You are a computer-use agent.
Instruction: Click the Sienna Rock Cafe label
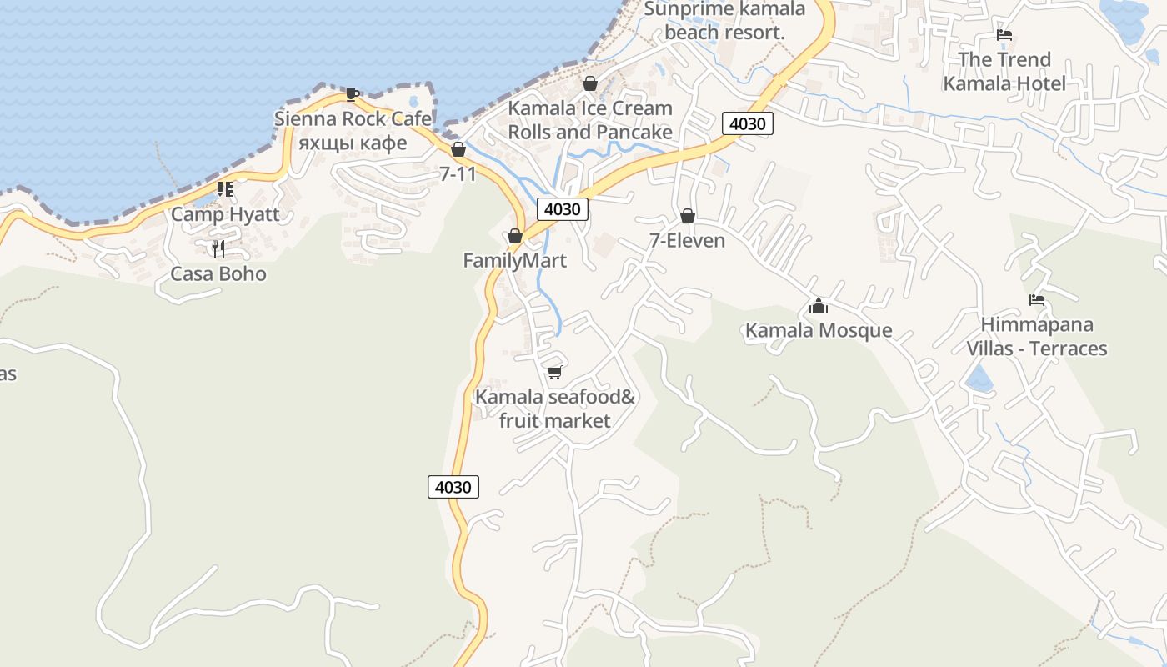(353, 118)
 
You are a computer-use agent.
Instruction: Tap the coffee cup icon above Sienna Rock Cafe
(353, 94)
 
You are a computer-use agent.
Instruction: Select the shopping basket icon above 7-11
(458, 149)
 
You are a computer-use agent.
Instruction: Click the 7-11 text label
(458, 174)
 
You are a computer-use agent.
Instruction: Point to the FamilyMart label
(514, 261)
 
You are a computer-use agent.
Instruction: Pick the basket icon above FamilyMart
(515, 236)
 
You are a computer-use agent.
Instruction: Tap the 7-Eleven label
(687, 241)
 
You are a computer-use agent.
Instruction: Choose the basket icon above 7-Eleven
(688, 216)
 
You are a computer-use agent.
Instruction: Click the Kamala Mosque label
(818, 330)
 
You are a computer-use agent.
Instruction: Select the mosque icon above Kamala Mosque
(819, 306)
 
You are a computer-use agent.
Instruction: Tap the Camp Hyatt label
(225, 214)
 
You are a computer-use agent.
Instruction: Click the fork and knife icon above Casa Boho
(218, 248)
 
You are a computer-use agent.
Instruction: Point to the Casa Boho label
(218, 274)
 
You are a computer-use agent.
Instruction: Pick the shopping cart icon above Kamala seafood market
(555, 372)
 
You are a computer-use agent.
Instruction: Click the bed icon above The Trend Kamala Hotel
(1004, 35)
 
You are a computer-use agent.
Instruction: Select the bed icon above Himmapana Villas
(1037, 300)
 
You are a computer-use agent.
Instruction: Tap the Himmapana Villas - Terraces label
(1037, 336)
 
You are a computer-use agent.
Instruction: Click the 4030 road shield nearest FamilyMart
(562, 208)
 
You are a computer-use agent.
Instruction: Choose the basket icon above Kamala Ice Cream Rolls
(590, 83)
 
